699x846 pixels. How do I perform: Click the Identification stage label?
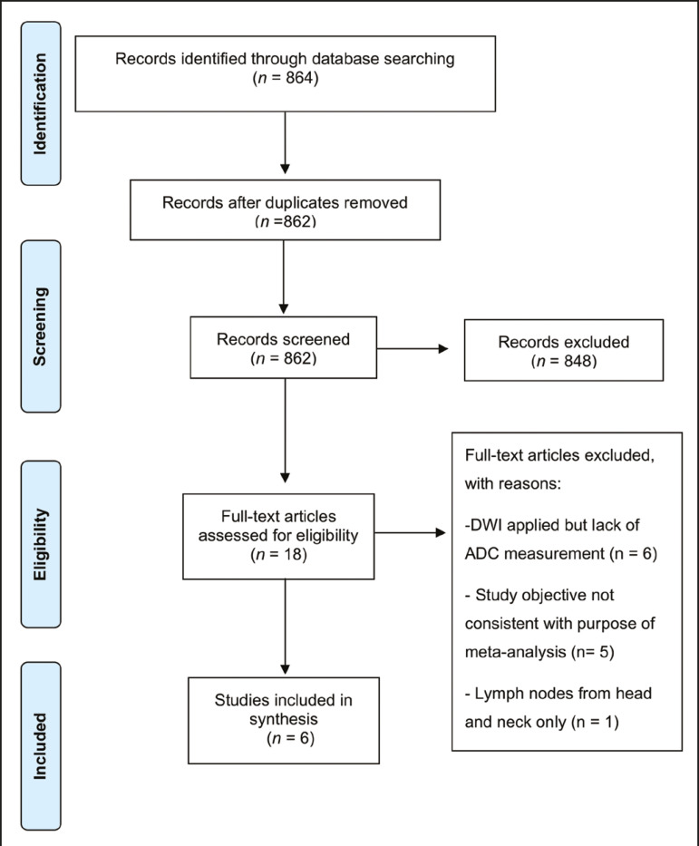[x=41, y=103]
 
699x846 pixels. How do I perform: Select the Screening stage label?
[x=41, y=326]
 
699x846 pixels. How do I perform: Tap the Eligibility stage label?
[x=41, y=544]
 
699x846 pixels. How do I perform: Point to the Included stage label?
[x=41, y=746]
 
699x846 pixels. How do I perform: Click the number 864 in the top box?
[x=299, y=78]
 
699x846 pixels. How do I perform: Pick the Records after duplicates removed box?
[x=285, y=209]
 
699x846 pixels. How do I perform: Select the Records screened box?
[x=283, y=347]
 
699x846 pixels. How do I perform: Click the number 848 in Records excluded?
[x=578, y=361]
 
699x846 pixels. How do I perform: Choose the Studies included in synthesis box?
[x=284, y=720]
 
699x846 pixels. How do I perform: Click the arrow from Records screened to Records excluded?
[x=413, y=348]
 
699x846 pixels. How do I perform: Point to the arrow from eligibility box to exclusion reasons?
[x=410, y=533]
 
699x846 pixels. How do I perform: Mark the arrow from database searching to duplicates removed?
[x=285, y=143]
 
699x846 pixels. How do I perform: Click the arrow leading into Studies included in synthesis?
[x=285, y=627]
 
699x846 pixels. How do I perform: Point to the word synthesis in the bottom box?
[x=283, y=719]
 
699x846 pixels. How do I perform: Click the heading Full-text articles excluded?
[x=560, y=455]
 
